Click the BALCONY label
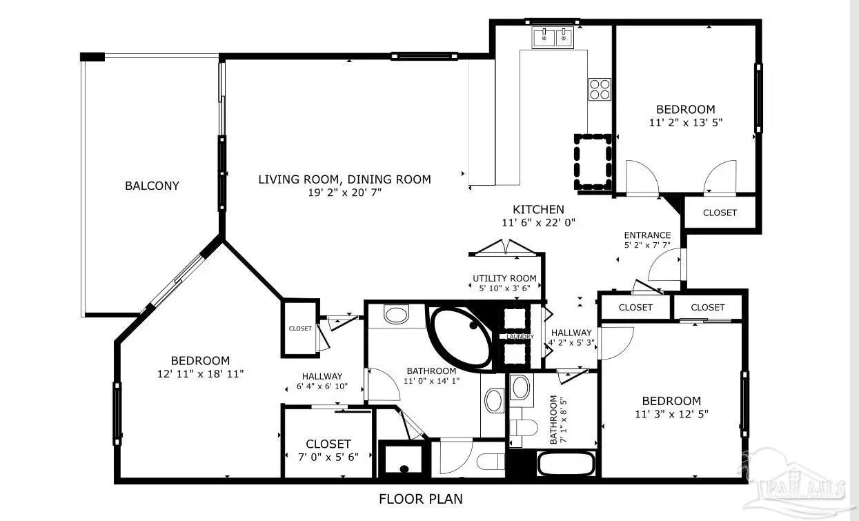(152, 186)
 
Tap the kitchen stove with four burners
(600, 90)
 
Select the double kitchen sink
(553, 37)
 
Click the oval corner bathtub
(461, 337)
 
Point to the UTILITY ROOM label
(504, 278)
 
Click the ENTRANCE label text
(647, 235)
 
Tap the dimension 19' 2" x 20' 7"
(345, 193)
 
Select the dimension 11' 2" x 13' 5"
(686, 122)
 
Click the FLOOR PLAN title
(421, 499)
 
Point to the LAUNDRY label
(520, 337)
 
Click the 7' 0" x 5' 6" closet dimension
(328, 457)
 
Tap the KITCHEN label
(538, 210)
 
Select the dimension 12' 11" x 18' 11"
(200, 373)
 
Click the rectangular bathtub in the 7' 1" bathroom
(566, 464)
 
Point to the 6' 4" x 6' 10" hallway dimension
(322, 386)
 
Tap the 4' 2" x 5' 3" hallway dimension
(571, 342)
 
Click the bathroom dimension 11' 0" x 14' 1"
(431, 381)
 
